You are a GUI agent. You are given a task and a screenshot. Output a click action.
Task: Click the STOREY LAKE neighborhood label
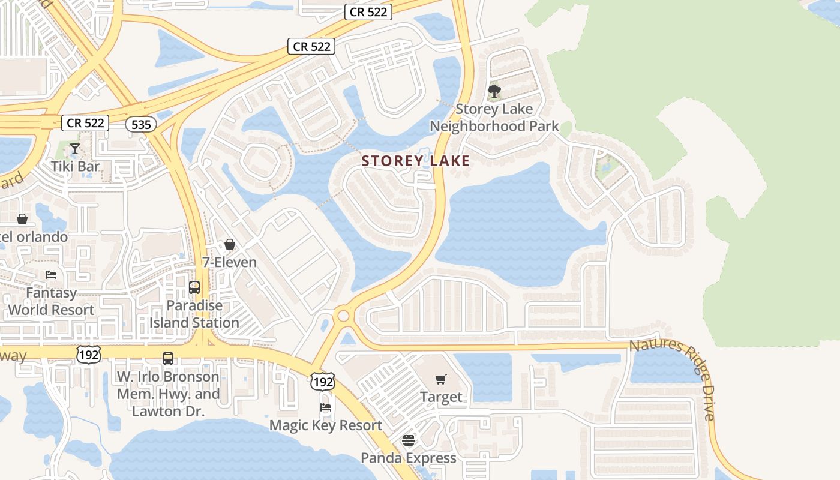[415, 161]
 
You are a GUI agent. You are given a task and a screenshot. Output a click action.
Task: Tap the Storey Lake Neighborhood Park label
[494, 118]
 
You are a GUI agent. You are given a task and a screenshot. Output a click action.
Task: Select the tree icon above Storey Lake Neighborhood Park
[494, 91]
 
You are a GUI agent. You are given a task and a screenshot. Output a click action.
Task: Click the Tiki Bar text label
[75, 166]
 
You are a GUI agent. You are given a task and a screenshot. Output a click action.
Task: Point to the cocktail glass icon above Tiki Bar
[75, 149]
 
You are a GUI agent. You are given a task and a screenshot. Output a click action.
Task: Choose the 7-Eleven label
[229, 262]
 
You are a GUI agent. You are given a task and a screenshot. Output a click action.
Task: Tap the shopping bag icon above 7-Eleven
[229, 244]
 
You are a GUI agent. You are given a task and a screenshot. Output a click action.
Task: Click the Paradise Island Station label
[194, 314]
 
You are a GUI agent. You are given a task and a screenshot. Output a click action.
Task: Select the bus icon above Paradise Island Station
[194, 287]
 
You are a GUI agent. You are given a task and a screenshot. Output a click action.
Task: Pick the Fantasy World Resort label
[51, 301]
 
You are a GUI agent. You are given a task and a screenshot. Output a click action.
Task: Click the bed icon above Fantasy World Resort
[51, 275]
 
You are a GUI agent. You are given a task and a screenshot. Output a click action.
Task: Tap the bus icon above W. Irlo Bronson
[168, 359]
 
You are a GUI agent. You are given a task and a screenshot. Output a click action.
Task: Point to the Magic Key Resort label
[325, 425]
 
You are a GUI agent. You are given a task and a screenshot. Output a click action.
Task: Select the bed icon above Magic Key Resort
[326, 407]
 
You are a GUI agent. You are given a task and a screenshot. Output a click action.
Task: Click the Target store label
[441, 397]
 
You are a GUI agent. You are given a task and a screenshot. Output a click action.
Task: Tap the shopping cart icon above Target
[441, 379]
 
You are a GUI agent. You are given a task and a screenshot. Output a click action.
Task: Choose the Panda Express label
[408, 458]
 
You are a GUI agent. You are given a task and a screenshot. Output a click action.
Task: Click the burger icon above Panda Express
[409, 440]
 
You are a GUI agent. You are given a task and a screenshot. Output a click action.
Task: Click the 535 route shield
[141, 124]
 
